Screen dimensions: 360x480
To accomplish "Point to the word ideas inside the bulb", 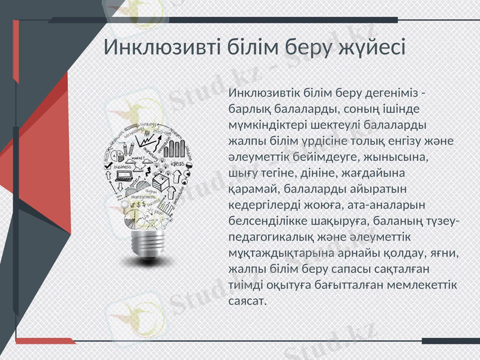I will click(178, 163).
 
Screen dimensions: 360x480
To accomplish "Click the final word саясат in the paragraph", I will click(247, 299).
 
